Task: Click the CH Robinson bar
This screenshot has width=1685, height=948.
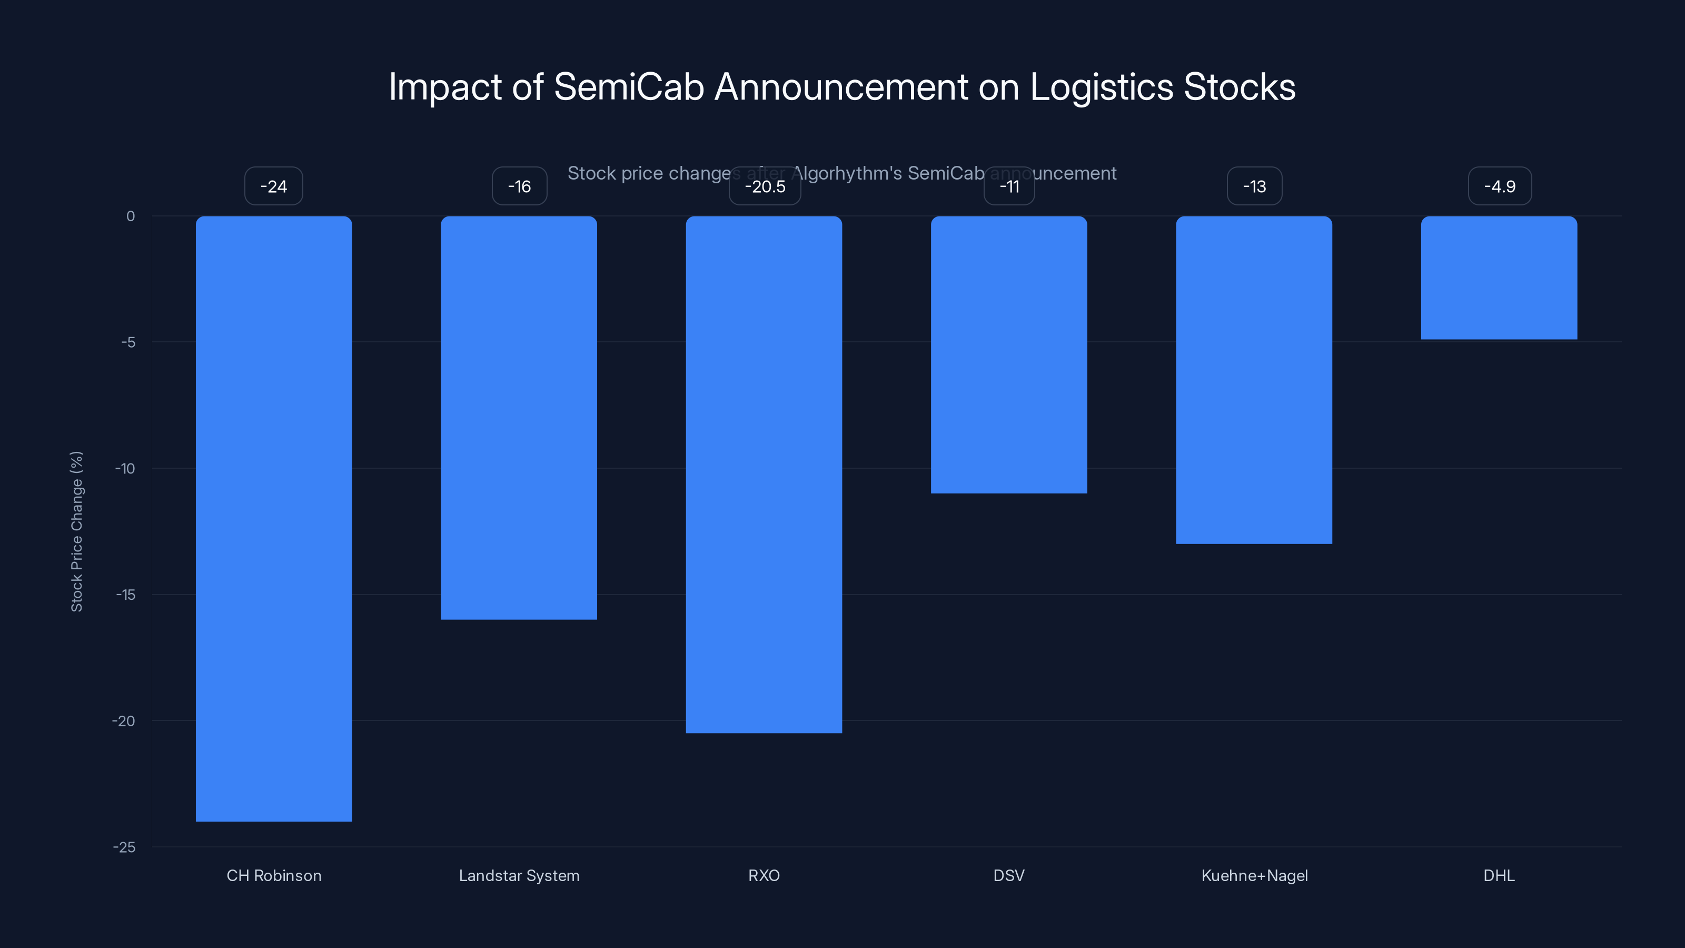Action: click(x=273, y=518)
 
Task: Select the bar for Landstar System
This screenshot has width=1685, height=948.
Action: click(x=519, y=418)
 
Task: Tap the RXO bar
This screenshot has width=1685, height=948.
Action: click(x=764, y=475)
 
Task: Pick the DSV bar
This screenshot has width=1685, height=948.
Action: click(x=1009, y=354)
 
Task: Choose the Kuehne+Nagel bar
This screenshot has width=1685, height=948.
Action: click(x=1254, y=379)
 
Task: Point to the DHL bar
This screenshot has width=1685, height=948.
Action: click(x=1499, y=278)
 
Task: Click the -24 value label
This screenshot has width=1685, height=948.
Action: click(x=273, y=186)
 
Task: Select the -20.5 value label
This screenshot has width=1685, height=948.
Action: click(x=765, y=186)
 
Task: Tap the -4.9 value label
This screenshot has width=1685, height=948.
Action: click(x=1499, y=186)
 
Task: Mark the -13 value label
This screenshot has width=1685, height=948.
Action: click(x=1254, y=186)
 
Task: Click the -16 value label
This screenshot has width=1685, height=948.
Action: click(x=519, y=186)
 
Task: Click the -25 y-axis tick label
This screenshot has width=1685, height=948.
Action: click(x=124, y=847)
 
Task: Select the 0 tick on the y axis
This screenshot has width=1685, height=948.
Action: click(x=131, y=216)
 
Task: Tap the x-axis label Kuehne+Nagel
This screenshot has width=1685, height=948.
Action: click(x=1254, y=875)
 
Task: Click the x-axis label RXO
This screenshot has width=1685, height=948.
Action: click(x=764, y=875)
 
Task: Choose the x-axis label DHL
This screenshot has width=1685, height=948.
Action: click(x=1499, y=875)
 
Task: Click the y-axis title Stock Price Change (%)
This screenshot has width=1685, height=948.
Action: click(x=76, y=531)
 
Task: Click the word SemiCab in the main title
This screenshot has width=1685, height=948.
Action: click(x=629, y=87)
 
